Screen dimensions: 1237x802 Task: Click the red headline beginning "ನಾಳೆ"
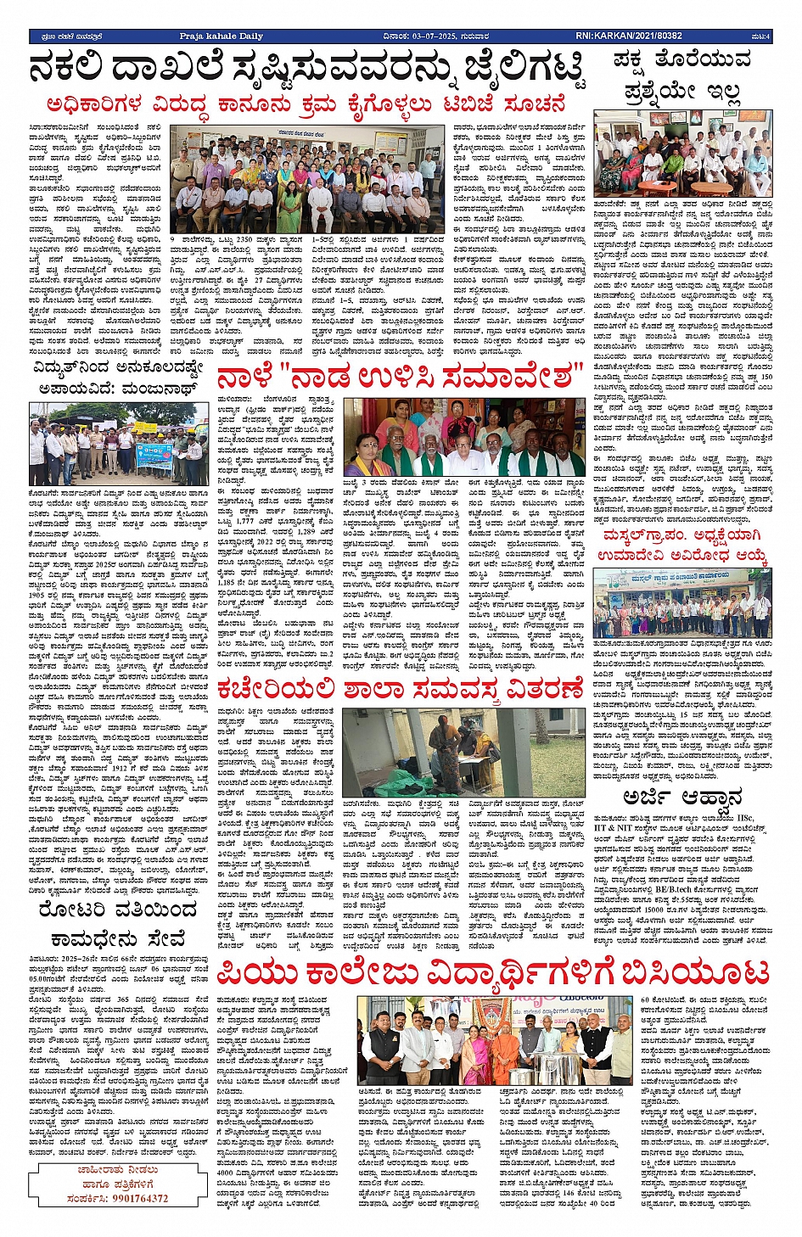pos(399,377)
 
